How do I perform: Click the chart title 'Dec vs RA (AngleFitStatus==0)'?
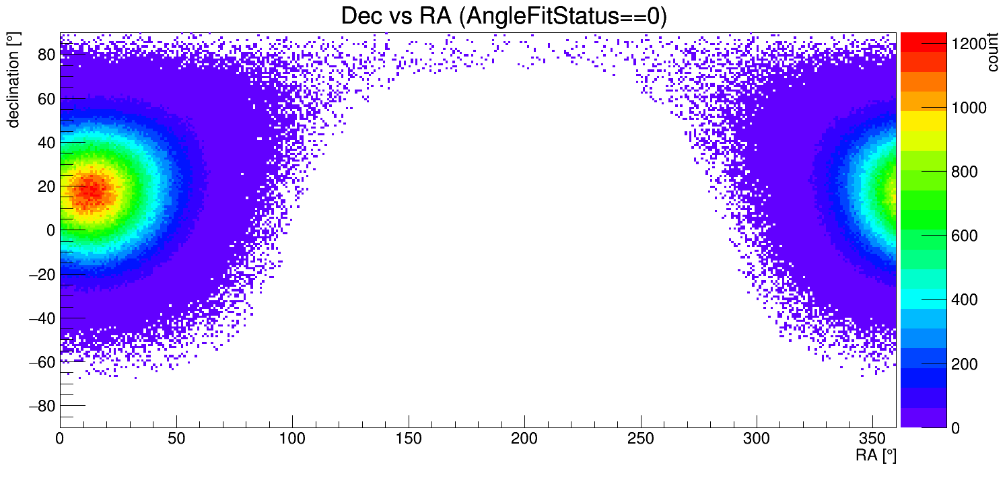tap(503, 15)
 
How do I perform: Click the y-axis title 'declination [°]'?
tap(13, 80)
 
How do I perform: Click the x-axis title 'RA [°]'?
tap(876, 456)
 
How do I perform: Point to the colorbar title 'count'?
tap(993, 55)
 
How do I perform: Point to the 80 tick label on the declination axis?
tap(46, 55)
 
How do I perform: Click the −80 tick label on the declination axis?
tap(42, 406)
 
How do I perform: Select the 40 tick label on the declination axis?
tap(46, 143)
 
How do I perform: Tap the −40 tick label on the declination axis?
tap(42, 318)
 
